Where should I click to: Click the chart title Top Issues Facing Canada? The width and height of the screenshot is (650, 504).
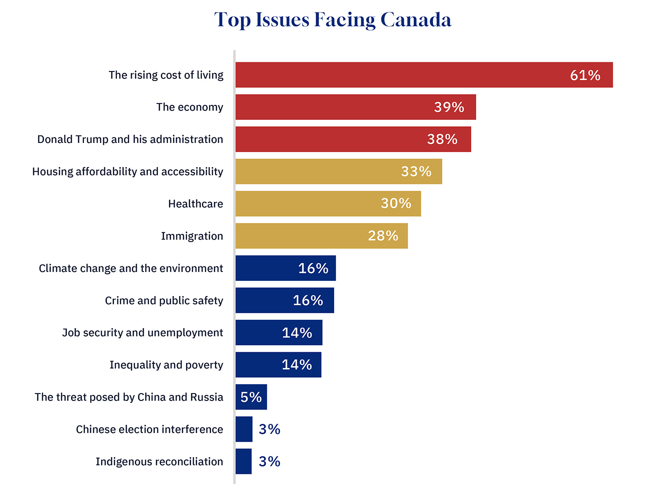tap(332, 19)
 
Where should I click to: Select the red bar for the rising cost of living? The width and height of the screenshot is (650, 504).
tap(399, 75)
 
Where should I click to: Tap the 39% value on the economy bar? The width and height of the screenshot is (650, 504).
tap(449, 107)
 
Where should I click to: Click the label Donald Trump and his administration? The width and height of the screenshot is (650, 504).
tap(130, 139)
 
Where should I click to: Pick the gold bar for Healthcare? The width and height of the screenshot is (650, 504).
tap(306, 204)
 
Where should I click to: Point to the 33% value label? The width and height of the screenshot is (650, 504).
tap(416, 172)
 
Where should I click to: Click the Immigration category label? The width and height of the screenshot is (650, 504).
tap(192, 236)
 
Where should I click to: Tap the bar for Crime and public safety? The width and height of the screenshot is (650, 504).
tap(265, 300)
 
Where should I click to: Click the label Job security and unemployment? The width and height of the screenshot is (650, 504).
tap(143, 333)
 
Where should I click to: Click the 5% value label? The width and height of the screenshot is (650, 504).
tap(251, 397)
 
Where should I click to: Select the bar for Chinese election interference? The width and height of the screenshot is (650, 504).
tap(244, 429)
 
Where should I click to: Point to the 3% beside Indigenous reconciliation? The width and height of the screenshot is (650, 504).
tap(269, 461)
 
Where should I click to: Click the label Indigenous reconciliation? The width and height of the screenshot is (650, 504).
tap(159, 462)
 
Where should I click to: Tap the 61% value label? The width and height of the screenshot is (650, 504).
tap(585, 75)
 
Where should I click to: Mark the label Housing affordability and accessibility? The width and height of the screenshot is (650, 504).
tap(128, 172)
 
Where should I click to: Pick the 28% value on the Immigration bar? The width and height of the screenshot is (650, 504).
tap(383, 236)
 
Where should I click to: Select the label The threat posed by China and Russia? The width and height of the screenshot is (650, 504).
tap(129, 397)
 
